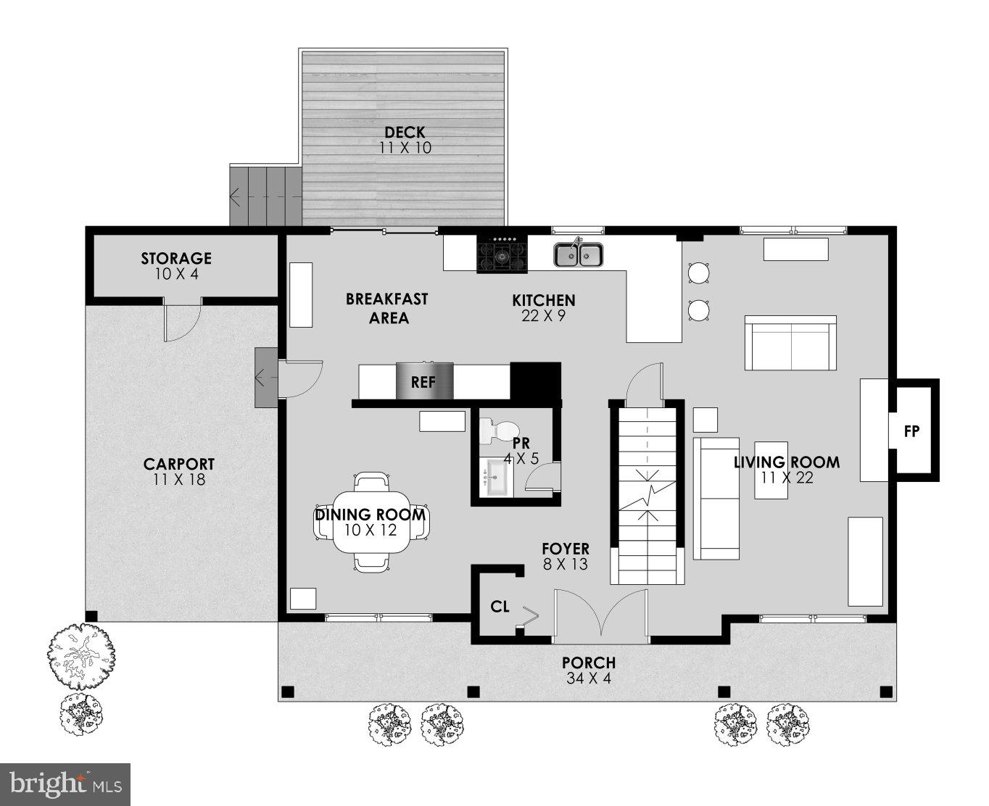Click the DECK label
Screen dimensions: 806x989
point(405,133)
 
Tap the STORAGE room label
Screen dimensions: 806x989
point(176,259)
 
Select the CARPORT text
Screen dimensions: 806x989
point(179,465)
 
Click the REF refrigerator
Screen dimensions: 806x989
point(423,381)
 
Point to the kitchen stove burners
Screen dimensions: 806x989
point(502,254)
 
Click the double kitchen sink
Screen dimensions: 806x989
point(579,254)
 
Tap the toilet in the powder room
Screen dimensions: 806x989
point(497,431)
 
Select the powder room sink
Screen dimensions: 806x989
point(499,478)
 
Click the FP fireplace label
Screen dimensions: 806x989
point(911,431)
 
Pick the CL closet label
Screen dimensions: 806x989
point(500,607)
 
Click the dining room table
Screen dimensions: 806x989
point(371,522)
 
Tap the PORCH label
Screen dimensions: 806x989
point(589,662)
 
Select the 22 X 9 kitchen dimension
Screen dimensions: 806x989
point(543,316)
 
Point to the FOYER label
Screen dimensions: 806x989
point(566,549)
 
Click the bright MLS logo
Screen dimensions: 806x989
point(65,784)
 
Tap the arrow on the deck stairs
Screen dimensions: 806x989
point(236,196)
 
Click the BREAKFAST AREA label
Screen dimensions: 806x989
point(386,308)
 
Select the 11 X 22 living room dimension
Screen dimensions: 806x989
point(787,478)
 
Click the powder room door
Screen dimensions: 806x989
point(542,478)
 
